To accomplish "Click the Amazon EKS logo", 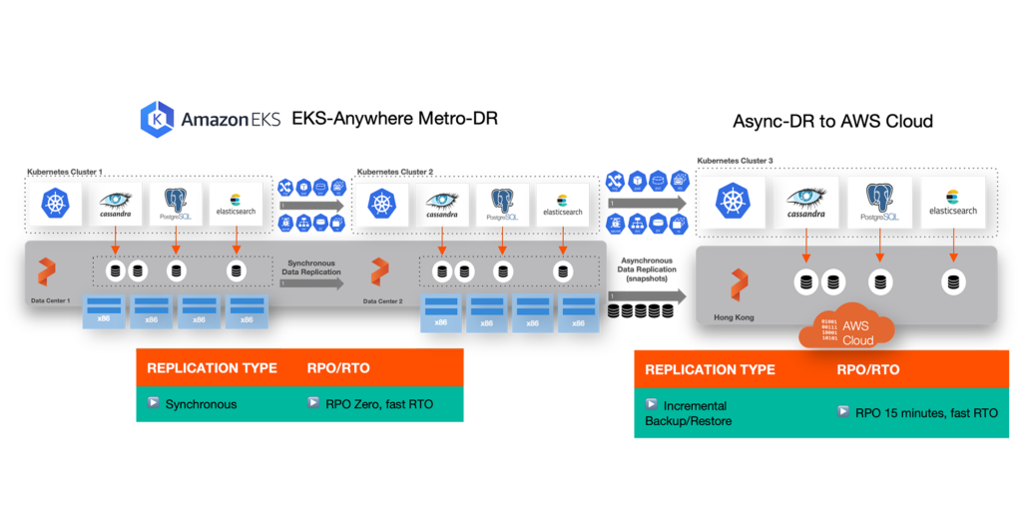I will pyautogui.click(x=209, y=119).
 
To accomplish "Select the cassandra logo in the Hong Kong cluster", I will pyautogui.click(x=806, y=204).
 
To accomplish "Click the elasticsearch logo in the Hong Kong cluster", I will pyautogui.click(x=952, y=204).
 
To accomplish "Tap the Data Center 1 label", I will pyautogui.click(x=49, y=299).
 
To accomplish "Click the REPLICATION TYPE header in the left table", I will pyautogui.click(x=212, y=368).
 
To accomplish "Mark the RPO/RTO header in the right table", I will pyautogui.click(x=868, y=369).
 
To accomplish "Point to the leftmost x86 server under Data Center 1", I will pyautogui.click(x=103, y=311).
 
